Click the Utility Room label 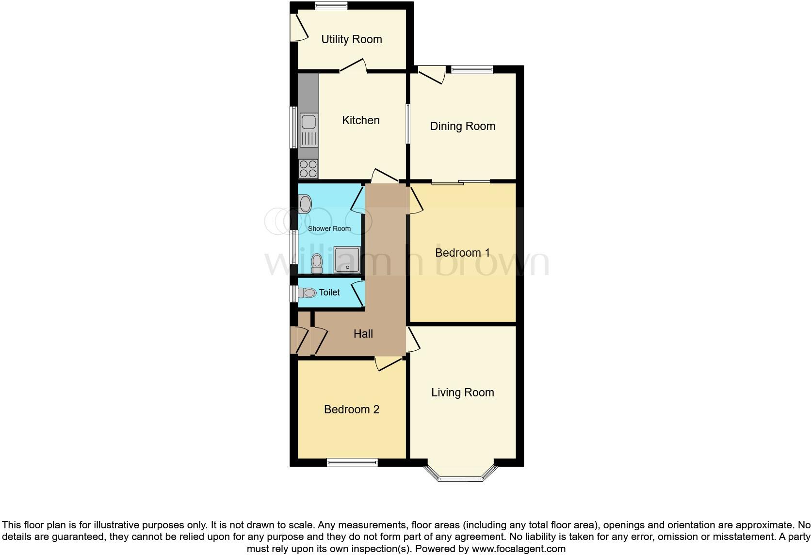click(x=352, y=39)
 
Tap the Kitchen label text click(x=360, y=120)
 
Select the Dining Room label click(x=462, y=126)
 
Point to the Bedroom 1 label click(x=462, y=253)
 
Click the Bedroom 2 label click(x=351, y=409)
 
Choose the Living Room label click(x=462, y=392)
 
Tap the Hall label click(x=363, y=334)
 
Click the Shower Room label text click(x=329, y=229)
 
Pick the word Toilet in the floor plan click(x=329, y=293)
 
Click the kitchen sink click(x=308, y=130)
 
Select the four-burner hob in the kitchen click(x=308, y=169)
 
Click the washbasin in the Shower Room click(x=305, y=204)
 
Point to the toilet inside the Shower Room click(x=317, y=263)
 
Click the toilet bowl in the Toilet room click(x=307, y=293)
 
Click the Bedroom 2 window click(x=352, y=462)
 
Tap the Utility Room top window click(x=331, y=6)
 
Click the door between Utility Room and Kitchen click(x=353, y=66)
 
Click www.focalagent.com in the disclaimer click(x=519, y=549)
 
